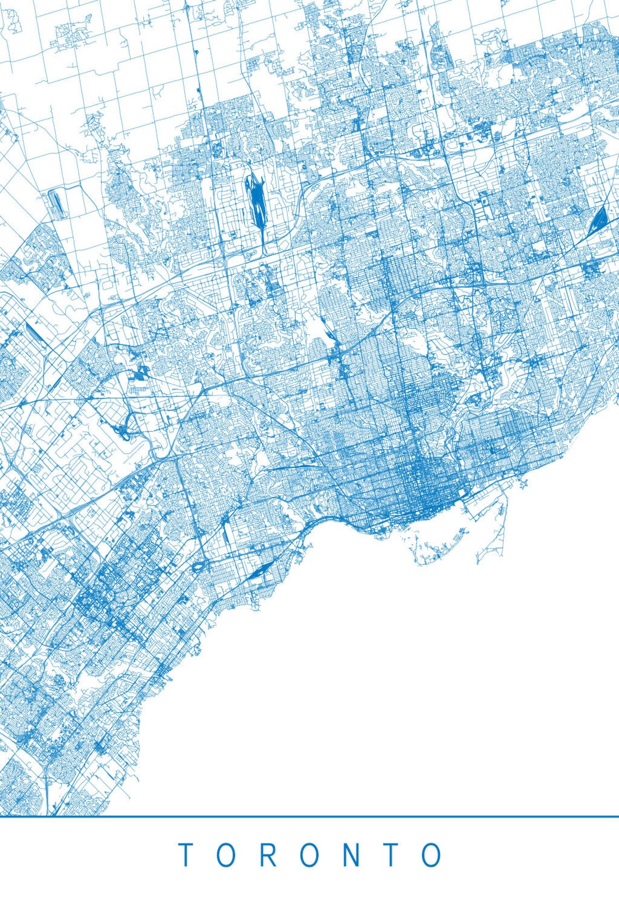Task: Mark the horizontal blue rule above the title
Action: (309, 816)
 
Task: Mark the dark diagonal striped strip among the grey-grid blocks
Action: (34, 331)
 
